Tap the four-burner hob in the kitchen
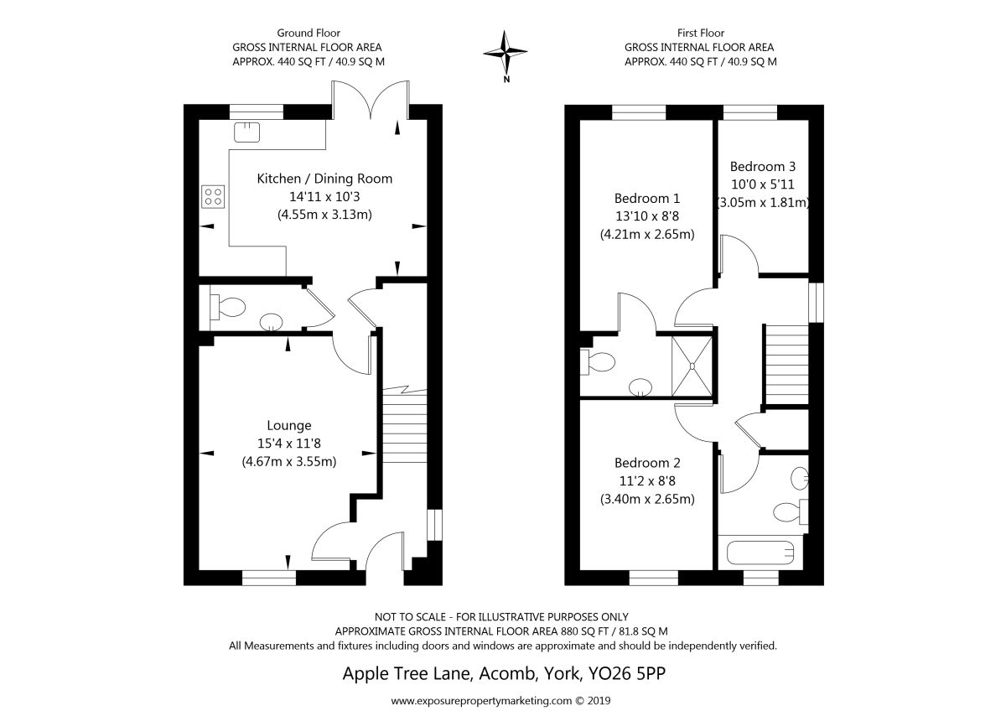pos(213,197)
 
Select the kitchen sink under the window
pos(246,132)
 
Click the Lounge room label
pos(288,425)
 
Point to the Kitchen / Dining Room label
pos(324,179)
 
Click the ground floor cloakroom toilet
pos(227,307)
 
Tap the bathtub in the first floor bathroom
pos(760,553)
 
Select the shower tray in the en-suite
pos(692,366)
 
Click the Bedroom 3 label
pos(763,167)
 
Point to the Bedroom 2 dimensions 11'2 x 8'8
pos(647,481)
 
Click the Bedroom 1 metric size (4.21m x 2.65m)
pos(647,235)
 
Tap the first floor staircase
pos(786,364)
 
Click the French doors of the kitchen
pos(371,100)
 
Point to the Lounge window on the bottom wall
pos(269,578)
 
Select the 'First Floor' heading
pos(701,33)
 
